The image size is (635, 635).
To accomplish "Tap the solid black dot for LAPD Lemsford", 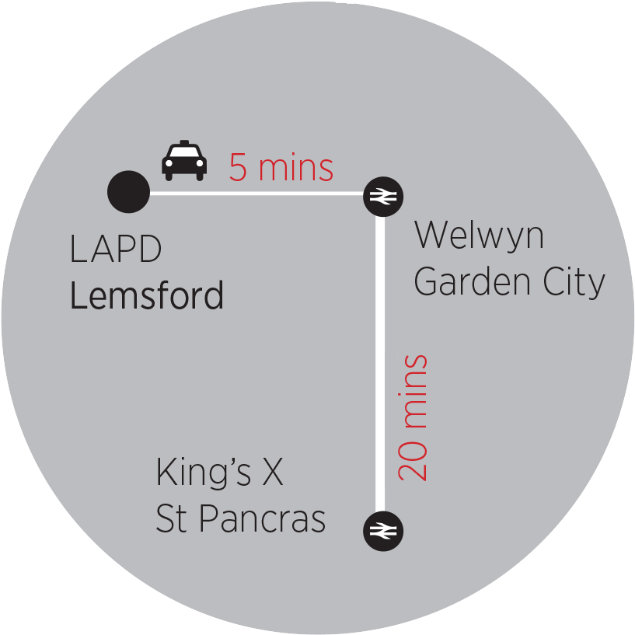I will (128, 191).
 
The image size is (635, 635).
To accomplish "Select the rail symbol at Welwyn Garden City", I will (382, 197).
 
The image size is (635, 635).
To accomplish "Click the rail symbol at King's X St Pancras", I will (382, 531).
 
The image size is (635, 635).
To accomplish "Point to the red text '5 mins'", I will (281, 168).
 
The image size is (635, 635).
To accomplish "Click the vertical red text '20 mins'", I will (413, 417).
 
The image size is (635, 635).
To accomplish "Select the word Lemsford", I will (147, 296).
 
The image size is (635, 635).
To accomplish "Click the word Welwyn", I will (479, 235).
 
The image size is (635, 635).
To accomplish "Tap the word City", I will (574, 283).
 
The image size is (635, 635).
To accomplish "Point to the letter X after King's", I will (271, 473).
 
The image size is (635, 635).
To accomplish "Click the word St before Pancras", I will (170, 519).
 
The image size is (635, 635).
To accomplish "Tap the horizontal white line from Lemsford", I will (256, 192).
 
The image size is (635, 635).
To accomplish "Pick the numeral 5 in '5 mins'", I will (238, 168).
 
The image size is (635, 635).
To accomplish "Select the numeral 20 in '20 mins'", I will (413, 462).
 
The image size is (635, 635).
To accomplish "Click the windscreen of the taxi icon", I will (184, 155).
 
